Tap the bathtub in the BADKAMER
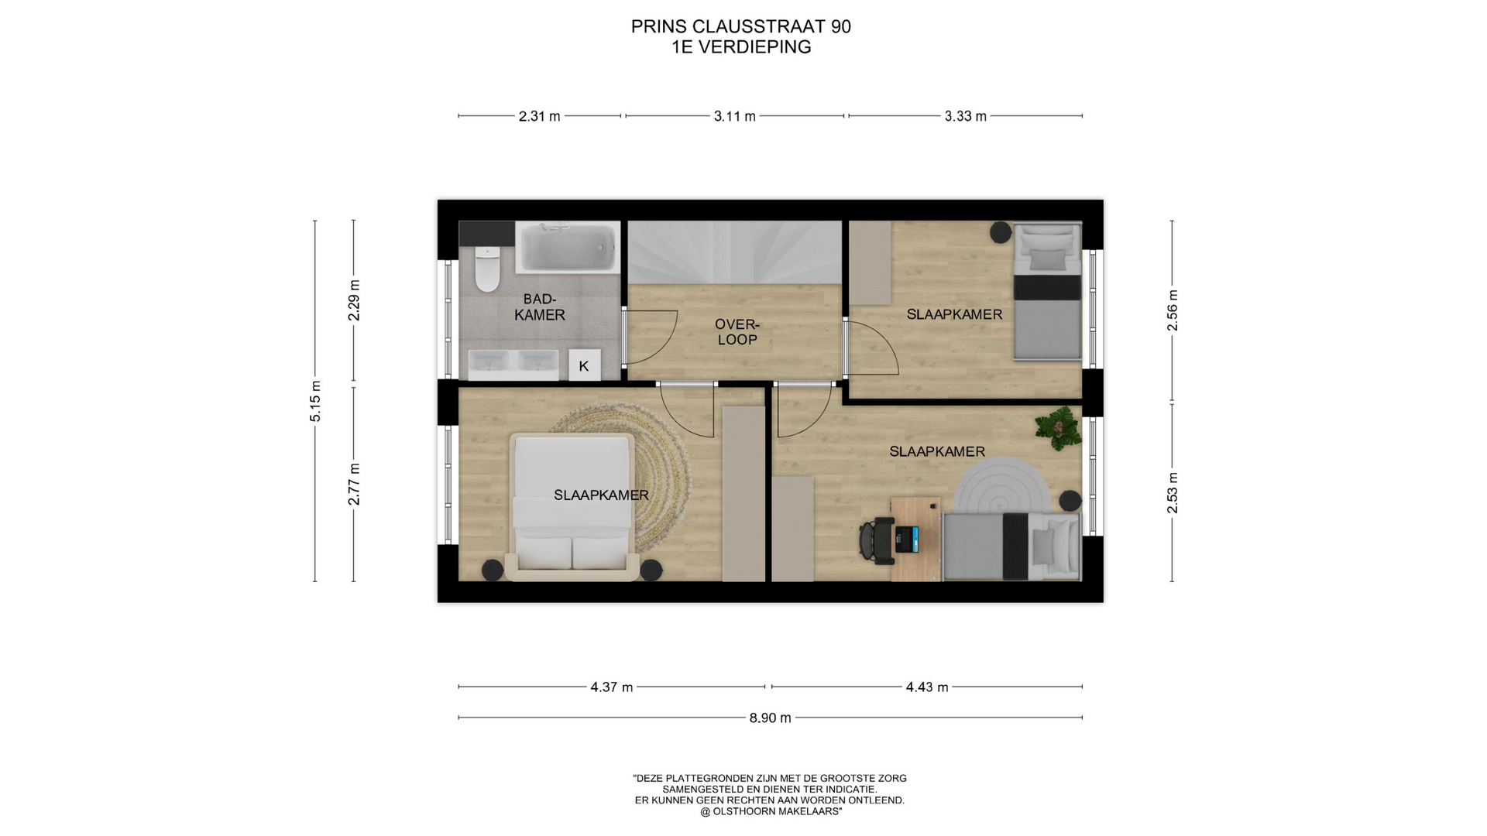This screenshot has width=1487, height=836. (568, 247)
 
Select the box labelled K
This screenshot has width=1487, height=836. (584, 365)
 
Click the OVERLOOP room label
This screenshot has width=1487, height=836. (737, 332)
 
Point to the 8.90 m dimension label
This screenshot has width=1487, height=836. (770, 718)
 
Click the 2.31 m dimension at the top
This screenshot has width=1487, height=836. (539, 117)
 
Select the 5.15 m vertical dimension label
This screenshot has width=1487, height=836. (315, 402)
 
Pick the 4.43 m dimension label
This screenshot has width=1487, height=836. (927, 687)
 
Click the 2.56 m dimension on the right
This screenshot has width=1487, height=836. (1173, 310)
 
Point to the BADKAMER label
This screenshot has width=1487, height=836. (539, 307)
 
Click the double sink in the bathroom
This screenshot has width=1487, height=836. (513, 364)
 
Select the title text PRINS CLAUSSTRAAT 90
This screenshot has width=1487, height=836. (741, 27)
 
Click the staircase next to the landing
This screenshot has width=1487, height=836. (734, 253)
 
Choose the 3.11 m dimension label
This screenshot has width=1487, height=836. (734, 117)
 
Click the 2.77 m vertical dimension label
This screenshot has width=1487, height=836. (354, 484)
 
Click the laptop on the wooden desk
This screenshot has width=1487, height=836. (907, 539)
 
